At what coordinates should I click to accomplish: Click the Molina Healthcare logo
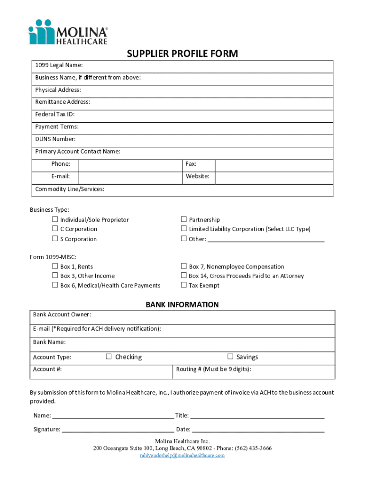[68, 32]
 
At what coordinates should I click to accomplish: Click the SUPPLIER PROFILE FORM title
[182, 54]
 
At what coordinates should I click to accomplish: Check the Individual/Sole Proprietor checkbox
[55, 219]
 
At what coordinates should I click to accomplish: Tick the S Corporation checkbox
[55, 239]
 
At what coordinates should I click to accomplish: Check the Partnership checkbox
[184, 219]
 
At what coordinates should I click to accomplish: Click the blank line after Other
[266, 239]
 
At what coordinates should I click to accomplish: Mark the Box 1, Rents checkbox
[55, 266]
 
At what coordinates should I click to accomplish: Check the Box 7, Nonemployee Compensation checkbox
[184, 266]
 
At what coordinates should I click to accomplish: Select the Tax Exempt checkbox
[184, 285]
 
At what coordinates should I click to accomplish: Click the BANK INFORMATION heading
[182, 305]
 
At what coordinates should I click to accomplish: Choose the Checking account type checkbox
[109, 357]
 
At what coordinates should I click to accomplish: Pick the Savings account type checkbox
[230, 357]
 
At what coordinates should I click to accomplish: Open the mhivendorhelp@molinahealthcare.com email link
[182, 455]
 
